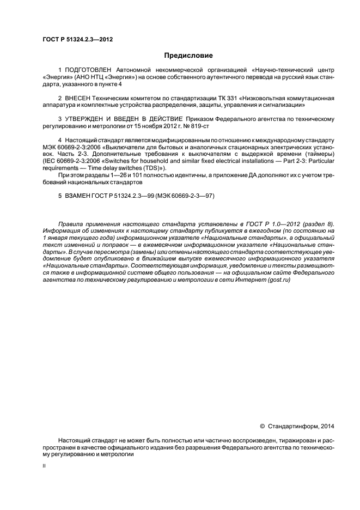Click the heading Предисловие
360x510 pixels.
[188, 56]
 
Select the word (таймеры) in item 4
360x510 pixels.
[319, 154]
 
